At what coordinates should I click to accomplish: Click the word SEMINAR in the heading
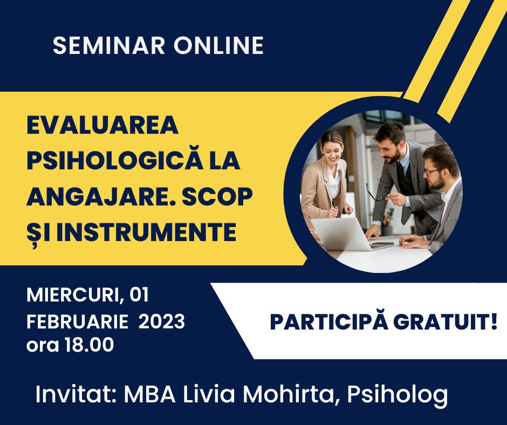[x=109, y=45]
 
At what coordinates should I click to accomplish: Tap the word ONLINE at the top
[x=218, y=45]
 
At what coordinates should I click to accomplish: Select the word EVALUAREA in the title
[x=102, y=125]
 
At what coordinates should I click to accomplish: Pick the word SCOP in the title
[x=217, y=196]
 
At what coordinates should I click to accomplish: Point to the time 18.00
[x=90, y=345]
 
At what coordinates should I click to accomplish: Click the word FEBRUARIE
[x=77, y=321]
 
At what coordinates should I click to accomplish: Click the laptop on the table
[x=344, y=234]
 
